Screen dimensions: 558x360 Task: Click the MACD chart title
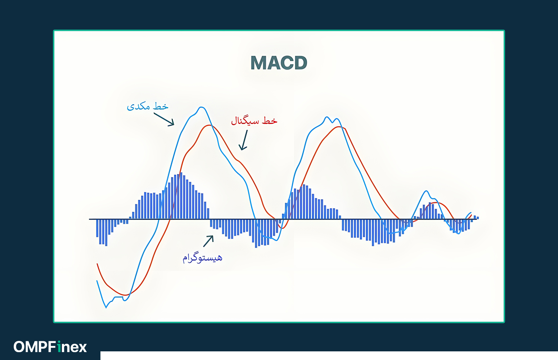[x=279, y=63]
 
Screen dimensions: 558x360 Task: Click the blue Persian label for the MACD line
[x=148, y=106]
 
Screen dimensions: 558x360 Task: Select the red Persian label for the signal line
[x=254, y=121]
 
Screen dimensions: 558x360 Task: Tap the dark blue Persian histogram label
[x=202, y=258]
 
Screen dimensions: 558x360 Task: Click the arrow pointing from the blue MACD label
[x=164, y=119]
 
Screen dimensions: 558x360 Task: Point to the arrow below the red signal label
[x=243, y=140]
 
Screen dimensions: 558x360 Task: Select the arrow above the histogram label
[x=208, y=241]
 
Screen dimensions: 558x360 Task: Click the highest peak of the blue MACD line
[x=201, y=107]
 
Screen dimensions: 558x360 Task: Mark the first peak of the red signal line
[x=209, y=125]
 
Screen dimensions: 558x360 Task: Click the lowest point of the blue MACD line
[x=106, y=308]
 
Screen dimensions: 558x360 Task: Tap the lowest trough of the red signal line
[x=126, y=295]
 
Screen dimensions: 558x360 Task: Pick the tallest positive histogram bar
[x=181, y=195]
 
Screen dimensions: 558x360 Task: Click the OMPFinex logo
[x=50, y=347]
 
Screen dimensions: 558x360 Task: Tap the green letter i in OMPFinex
[x=59, y=347]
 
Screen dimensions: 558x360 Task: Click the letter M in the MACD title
[x=259, y=63]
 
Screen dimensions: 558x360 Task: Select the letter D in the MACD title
[x=301, y=63]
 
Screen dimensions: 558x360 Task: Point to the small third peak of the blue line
[x=427, y=191]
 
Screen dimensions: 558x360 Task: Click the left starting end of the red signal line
[x=97, y=264]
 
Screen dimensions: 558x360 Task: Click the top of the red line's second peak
[x=339, y=127]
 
